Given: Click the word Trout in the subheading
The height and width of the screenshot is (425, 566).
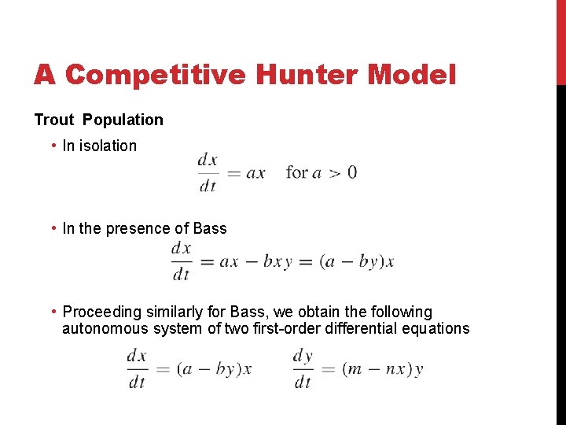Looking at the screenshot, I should click(x=54, y=120).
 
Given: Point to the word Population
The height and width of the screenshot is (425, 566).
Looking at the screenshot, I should click(x=123, y=120).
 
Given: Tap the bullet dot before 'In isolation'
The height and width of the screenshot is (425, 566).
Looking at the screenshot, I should click(x=52, y=146).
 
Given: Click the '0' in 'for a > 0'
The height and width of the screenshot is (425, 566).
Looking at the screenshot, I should click(x=351, y=172).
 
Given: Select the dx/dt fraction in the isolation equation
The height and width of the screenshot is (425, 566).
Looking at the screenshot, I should click(x=208, y=172).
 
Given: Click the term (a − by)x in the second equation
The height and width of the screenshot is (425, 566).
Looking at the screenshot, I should click(x=357, y=262).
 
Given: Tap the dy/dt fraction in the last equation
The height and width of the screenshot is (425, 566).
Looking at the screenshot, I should click(x=303, y=368).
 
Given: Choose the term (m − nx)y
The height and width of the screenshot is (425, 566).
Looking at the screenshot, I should click(x=383, y=369).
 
